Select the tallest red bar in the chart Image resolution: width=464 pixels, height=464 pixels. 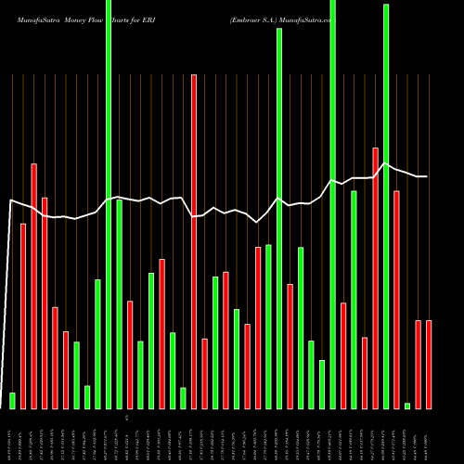click(x=194, y=241)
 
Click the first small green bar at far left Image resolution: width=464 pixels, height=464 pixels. click(x=13, y=400)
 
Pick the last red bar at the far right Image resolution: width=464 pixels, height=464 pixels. click(x=429, y=364)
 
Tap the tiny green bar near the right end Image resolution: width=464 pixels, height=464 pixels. click(x=407, y=406)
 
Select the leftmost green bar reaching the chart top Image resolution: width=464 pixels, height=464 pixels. click(x=109, y=204)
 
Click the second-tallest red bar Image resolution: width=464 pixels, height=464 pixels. click(x=376, y=277)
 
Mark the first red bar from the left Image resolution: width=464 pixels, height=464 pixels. click(x=23, y=316)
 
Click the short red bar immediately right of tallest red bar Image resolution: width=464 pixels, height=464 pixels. click(x=205, y=373)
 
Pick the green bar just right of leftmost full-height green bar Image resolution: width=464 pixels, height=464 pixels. click(x=120, y=303)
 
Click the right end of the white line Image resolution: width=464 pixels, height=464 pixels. click(x=426, y=176)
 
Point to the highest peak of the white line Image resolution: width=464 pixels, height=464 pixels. click(x=386, y=162)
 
